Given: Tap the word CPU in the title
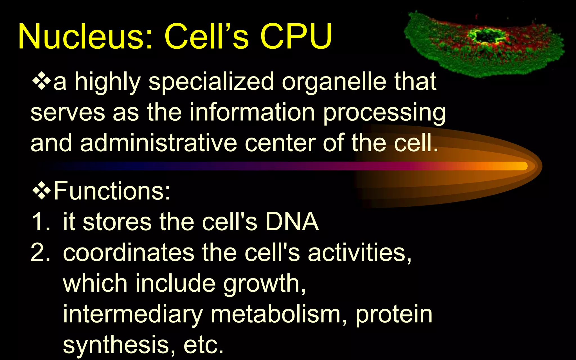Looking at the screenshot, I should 296,37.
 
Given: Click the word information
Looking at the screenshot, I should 252,112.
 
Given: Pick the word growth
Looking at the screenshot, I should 264,284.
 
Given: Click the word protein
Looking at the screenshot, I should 394,315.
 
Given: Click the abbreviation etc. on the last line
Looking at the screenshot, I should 203,345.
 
